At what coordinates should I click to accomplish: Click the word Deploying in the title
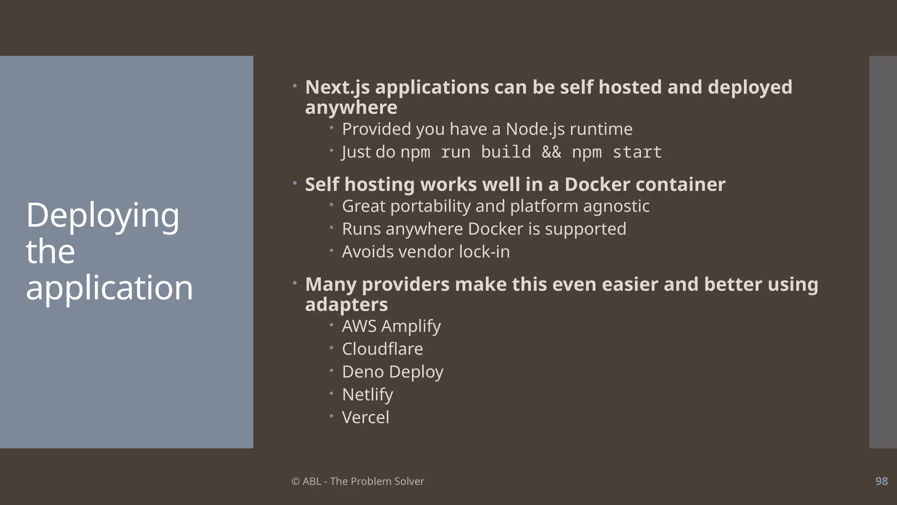coord(102,216)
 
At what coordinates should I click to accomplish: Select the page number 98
coord(881,481)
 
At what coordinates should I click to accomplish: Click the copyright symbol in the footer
coord(295,481)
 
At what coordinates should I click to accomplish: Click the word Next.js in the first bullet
coord(337,87)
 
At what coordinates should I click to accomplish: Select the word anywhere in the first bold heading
coord(351,107)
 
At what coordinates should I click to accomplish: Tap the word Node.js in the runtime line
coord(535,129)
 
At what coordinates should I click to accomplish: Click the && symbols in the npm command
coord(551,152)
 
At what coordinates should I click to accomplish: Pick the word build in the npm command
coord(505,152)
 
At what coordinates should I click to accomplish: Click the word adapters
coord(346,305)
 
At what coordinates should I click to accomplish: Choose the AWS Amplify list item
coord(391,326)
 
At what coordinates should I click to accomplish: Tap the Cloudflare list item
coord(382,349)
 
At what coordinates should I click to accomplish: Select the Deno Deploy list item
coord(392,372)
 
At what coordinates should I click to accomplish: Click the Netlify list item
coord(367,395)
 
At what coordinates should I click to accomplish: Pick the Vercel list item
coord(365,417)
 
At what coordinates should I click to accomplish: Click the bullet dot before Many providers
coord(295,283)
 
